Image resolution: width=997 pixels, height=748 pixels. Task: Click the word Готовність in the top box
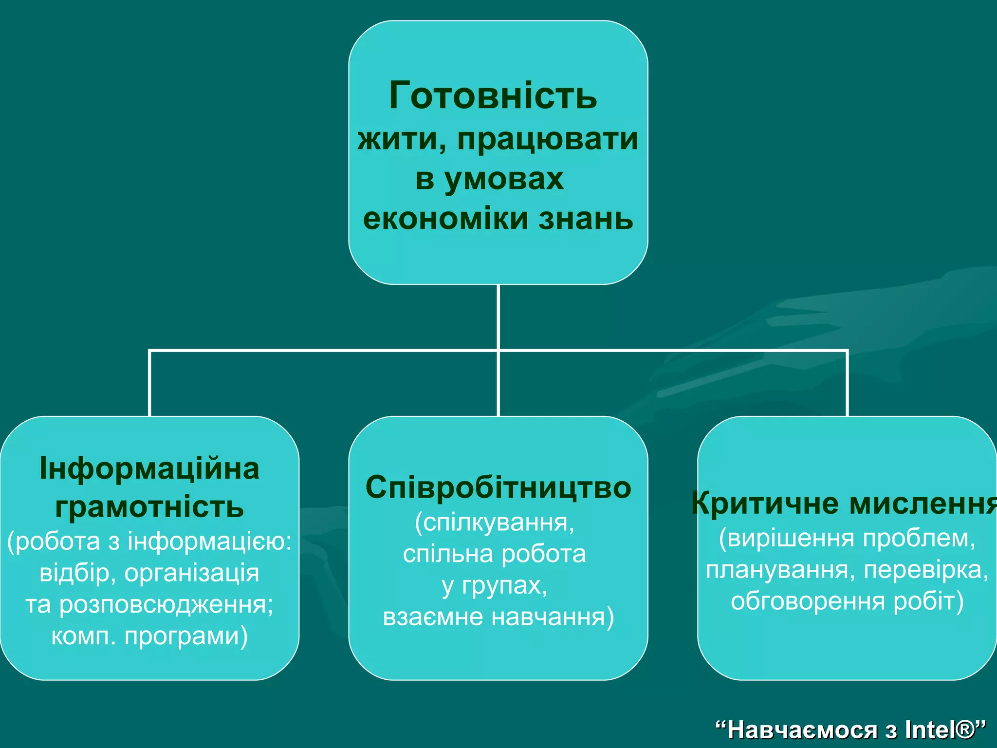(x=493, y=95)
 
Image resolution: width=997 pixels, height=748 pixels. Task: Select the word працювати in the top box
(x=548, y=139)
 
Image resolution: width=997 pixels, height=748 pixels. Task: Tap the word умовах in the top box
(x=504, y=179)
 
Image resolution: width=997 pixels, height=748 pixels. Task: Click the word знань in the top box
(x=586, y=218)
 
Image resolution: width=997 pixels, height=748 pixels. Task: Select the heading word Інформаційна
(x=149, y=468)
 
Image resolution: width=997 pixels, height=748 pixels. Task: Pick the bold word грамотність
(x=149, y=506)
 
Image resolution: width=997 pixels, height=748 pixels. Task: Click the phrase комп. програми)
(x=149, y=636)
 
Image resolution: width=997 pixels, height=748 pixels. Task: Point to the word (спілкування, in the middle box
(x=495, y=523)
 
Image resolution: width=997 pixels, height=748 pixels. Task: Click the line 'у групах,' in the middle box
(x=495, y=585)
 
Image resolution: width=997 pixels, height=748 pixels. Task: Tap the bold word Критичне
(x=765, y=503)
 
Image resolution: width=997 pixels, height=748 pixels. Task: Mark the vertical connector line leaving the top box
(x=498, y=317)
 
